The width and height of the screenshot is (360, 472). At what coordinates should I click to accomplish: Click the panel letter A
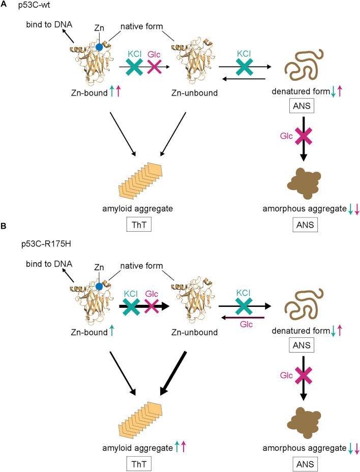[x=5, y=5]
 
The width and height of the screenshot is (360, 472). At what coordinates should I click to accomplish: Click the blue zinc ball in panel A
[x=100, y=47]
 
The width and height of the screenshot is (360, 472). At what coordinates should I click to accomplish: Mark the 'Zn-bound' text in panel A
[x=89, y=92]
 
